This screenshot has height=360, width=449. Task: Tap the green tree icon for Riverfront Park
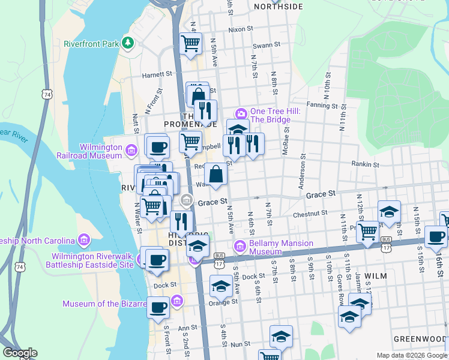click(127, 43)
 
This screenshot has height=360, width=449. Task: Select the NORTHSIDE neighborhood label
click(278, 7)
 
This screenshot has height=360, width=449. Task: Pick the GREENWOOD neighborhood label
click(420, 339)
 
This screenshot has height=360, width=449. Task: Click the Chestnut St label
click(310, 212)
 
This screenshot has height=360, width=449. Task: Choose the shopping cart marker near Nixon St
click(191, 43)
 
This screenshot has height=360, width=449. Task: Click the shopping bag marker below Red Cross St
click(215, 175)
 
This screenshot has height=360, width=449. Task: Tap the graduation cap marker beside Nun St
click(281, 337)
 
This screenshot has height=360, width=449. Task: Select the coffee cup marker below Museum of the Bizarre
click(158, 308)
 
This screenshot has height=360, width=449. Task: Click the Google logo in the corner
click(19, 353)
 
